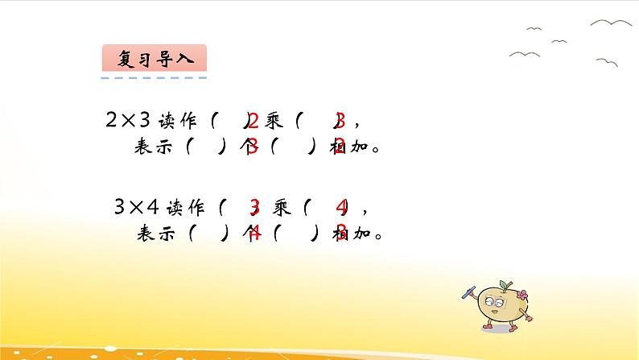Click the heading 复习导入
click(155, 58)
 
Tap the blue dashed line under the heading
click(155, 78)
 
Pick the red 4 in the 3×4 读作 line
click(341, 209)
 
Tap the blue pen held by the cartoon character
click(465, 288)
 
